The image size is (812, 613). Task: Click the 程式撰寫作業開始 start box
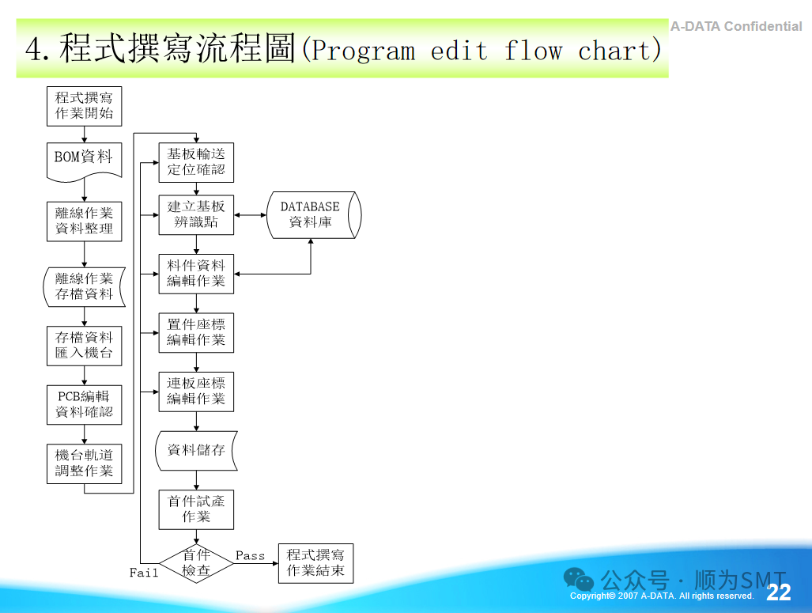pos(84,106)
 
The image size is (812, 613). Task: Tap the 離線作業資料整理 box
pos(84,221)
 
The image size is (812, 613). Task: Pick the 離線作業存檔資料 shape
pos(84,286)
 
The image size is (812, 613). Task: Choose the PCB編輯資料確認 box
pos(84,404)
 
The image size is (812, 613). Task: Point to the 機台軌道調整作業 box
pos(84,464)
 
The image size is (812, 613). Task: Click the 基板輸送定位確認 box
pos(196,162)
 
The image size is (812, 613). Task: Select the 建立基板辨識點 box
pos(196,215)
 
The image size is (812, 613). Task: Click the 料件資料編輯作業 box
pos(196,274)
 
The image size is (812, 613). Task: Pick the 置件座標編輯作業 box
pos(196,333)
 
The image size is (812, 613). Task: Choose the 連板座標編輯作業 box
pos(196,392)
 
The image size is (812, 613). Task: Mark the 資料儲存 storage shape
pos(196,450)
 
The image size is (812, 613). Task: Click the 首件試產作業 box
pos(196,509)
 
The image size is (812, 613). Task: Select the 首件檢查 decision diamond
pos(196,563)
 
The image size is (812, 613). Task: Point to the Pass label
pos(250,556)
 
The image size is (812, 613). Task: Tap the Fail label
pos(144,573)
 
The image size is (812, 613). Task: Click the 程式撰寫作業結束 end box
pos(315,563)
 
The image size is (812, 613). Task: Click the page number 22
pos(778,593)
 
